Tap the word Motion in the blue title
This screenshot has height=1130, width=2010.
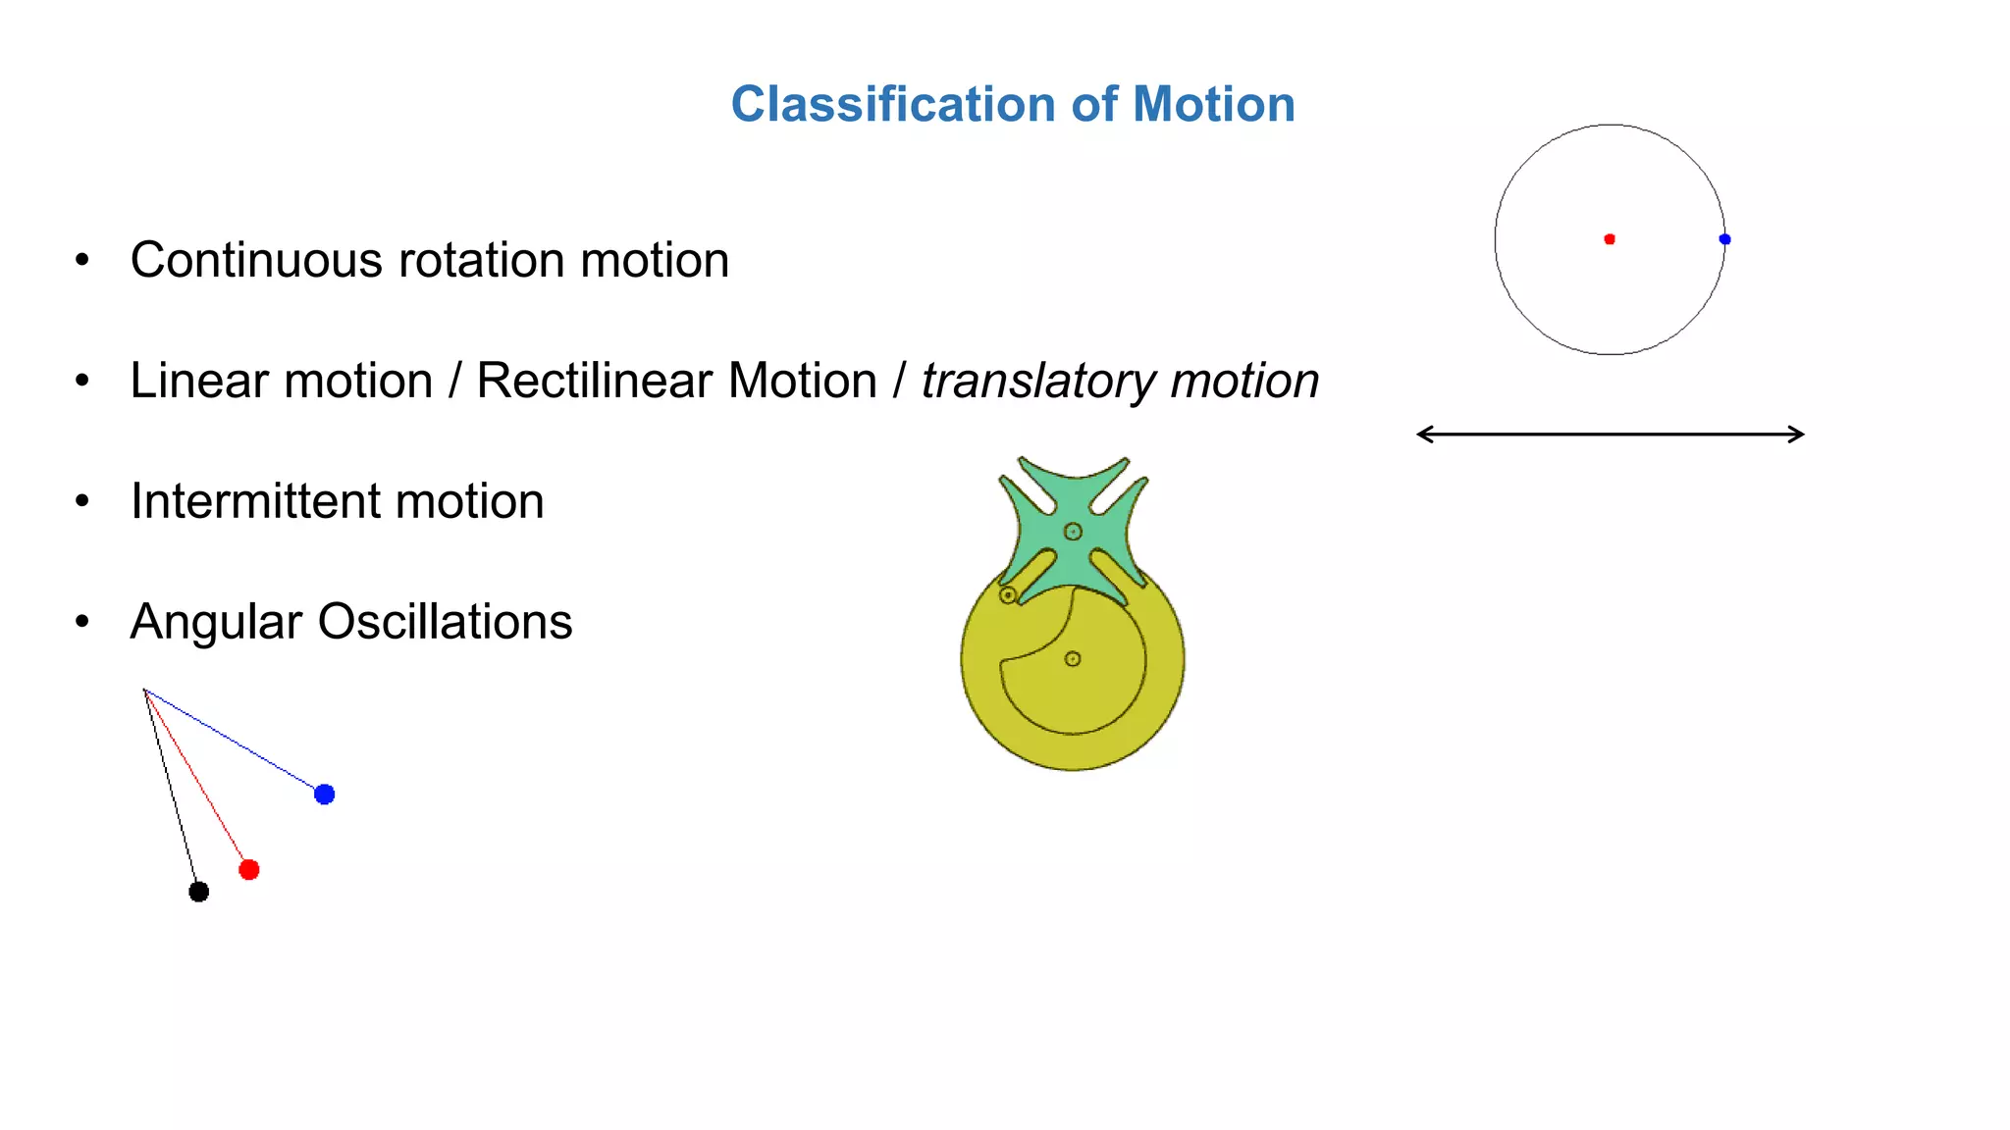tap(1214, 104)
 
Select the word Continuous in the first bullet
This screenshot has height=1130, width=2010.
tap(256, 260)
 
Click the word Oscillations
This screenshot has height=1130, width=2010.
tap(445, 622)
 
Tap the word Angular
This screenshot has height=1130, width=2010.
tap(216, 622)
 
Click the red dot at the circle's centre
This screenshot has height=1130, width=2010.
tap(1610, 239)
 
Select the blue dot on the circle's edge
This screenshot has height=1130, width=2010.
tap(1724, 239)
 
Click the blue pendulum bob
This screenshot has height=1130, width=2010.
tap(325, 795)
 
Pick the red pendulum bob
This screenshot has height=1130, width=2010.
tap(249, 870)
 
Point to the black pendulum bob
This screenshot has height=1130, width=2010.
tap(198, 892)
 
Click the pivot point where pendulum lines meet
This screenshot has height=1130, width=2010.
tap(144, 690)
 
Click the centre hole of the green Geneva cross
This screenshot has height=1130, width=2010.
tap(1073, 532)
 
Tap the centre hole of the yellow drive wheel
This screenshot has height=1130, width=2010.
tap(1073, 659)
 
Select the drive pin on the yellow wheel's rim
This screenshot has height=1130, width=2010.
tap(1008, 595)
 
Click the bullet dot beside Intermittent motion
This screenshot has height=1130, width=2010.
tap(82, 501)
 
